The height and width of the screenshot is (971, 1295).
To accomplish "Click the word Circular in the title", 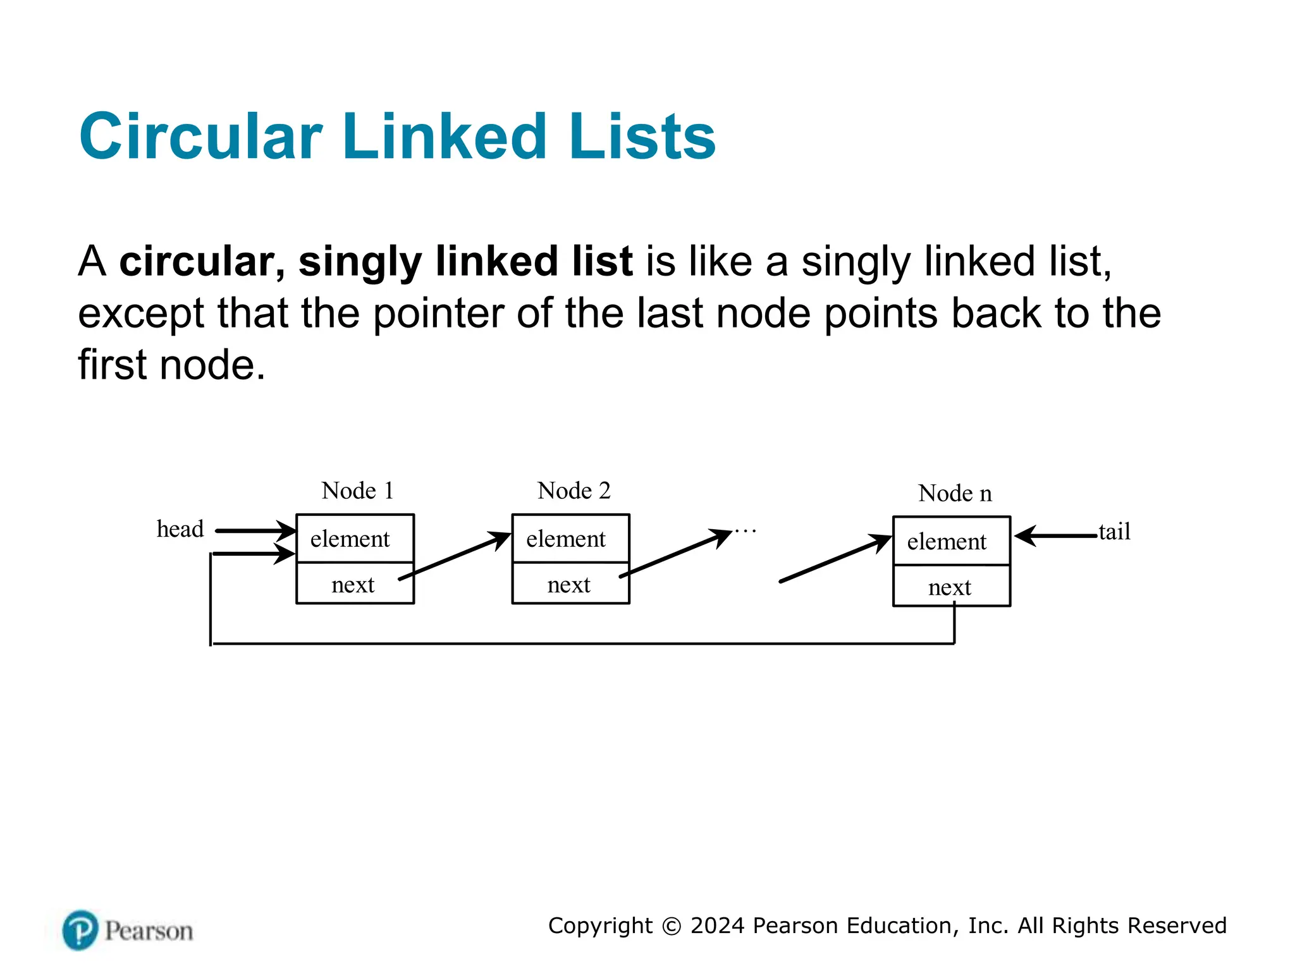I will coord(201,137).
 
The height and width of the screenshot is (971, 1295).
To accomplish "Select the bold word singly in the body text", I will coord(360,261).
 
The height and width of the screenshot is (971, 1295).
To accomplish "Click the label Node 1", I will coord(357,491).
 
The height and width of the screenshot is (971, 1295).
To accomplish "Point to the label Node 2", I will coord(574,491).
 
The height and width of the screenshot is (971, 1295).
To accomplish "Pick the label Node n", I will coord(955,493).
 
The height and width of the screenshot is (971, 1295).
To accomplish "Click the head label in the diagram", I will coord(180,529).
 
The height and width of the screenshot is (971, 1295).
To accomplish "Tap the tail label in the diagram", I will coord(1114,532).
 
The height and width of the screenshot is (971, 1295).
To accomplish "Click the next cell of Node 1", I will coord(353,584).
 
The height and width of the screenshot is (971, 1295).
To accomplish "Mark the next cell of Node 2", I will coord(568,584).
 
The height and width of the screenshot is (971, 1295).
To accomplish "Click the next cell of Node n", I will coord(950,587).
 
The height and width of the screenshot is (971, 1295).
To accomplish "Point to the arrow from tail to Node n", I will coord(1057,536).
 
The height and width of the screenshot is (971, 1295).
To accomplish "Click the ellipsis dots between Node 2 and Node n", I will coord(746,531).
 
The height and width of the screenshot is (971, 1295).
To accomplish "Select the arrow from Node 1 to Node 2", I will coord(454,556).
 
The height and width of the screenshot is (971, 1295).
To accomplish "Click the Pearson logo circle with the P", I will coord(80,930).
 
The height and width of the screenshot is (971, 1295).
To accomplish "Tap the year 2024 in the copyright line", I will coord(718,925).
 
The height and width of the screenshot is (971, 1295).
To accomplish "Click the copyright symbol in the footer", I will coord(672,926).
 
